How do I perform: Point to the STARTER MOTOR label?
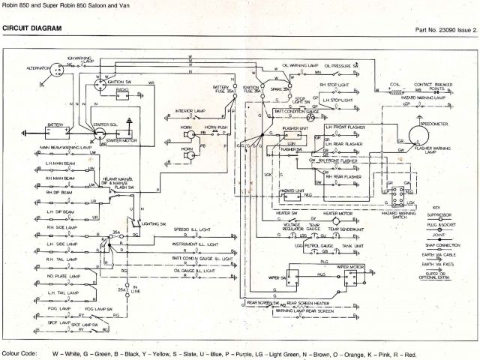[124, 139]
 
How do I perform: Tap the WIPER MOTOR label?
[352, 266]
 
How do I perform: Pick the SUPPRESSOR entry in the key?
[442, 203]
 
